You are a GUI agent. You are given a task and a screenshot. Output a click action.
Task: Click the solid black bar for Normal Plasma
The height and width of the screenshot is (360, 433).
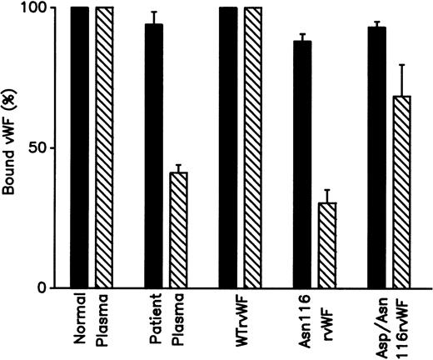(80, 147)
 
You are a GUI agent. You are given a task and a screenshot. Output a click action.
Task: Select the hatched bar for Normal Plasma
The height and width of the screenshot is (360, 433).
(106, 147)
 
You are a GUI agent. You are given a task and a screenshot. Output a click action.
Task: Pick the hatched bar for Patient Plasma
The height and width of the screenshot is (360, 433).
(179, 230)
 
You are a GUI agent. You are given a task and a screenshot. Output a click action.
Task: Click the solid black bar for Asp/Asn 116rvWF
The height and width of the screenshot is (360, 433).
(376, 157)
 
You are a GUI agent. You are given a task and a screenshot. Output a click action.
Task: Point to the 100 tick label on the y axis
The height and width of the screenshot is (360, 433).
(43, 8)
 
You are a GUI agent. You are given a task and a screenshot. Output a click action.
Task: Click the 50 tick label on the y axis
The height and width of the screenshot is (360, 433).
(47, 148)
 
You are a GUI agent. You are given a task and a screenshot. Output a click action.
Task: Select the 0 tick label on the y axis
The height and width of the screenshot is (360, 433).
(52, 288)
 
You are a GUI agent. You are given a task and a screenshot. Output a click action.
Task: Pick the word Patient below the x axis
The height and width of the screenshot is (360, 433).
(154, 322)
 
